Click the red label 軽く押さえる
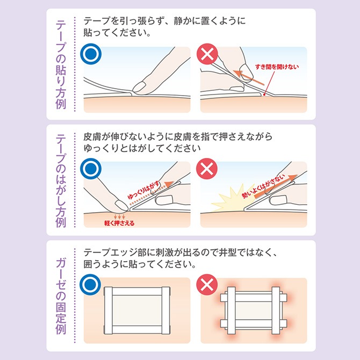119,222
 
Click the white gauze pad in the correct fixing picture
135,309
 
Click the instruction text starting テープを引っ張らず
164,27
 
